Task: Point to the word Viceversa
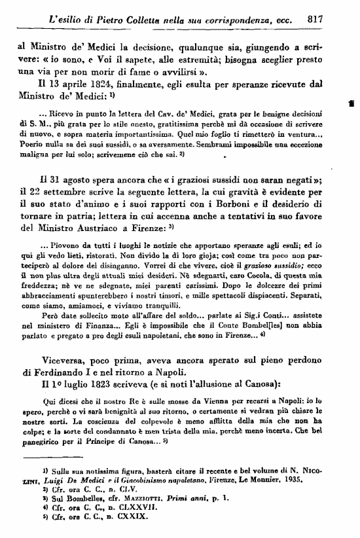pos(68,360)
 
